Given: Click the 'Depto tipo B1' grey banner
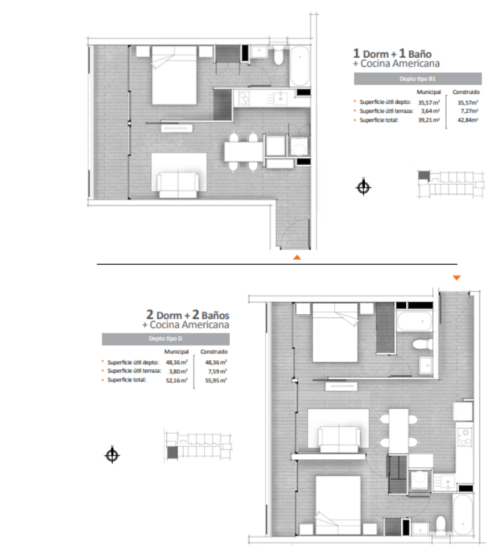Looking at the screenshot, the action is coord(418,79).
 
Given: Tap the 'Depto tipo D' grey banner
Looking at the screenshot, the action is coord(166,339).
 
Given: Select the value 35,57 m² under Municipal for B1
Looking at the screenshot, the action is coord(429,102).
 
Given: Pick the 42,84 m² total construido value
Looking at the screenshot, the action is coord(468,120).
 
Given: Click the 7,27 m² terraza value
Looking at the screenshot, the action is coord(469,111).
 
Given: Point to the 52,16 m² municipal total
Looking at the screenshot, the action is coord(177,381).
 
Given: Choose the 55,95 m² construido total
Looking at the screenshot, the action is coord(216,381).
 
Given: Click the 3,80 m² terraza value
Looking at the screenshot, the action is coord(178,371).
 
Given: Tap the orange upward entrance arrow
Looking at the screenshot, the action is coord(297,258).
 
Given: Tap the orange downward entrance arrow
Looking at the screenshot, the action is coord(456,278).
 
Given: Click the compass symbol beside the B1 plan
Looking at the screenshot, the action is coord(363,187).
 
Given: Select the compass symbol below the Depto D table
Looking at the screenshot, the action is coord(112,455).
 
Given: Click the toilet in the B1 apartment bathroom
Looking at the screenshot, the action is coord(278,56).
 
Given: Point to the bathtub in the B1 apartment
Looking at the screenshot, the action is coord(300,66).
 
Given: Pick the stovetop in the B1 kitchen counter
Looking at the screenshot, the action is coord(244,98).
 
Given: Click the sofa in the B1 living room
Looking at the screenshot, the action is coord(178,185).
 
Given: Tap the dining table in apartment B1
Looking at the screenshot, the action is coord(244,152).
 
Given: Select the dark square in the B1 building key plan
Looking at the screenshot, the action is coord(424,175).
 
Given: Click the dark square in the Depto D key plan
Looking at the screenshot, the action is coord(172,452).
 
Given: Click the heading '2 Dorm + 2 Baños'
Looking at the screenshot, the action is coord(188,315).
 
